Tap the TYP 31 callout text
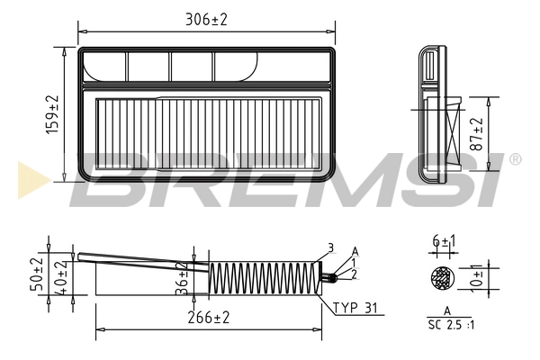pyautogui.click(x=358, y=308)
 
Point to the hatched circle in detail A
pyautogui.click(x=440, y=279)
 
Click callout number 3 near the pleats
pyautogui.click(x=330, y=247)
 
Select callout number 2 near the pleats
pyautogui.click(x=355, y=274)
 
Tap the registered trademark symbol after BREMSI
pyautogui.click(x=515, y=160)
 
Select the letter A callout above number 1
pyautogui.click(x=355, y=250)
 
